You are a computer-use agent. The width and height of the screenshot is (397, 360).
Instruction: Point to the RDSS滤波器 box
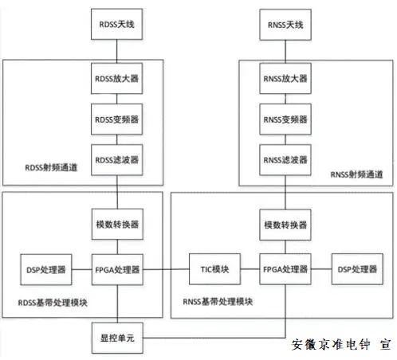pyautogui.click(x=118, y=160)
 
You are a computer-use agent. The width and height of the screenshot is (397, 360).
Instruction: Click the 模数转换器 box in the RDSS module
pyautogui.click(x=118, y=225)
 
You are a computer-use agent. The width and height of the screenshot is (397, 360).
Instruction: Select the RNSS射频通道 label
pyautogui.click(x=357, y=174)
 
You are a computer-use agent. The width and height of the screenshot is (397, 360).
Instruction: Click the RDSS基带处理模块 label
pyautogui.click(x=56, y=303)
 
